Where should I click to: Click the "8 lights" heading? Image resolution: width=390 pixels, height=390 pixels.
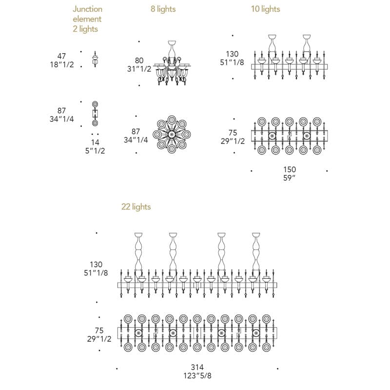coord(163,9)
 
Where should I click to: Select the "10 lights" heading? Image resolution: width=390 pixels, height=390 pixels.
coord(265,9)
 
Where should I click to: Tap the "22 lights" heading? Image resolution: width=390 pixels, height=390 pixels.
coord(136,207)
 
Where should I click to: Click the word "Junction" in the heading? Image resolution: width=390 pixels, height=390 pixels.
coord(88,9)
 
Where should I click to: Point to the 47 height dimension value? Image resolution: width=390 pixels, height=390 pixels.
coord(61,56)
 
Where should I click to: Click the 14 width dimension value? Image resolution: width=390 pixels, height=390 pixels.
coord(95,142)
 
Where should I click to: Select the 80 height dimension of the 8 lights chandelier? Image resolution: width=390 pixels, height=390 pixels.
coord(139,60)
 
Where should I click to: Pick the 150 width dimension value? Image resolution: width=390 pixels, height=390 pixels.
coord(290,169)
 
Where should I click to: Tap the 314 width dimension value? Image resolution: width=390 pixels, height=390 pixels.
coord(197,367)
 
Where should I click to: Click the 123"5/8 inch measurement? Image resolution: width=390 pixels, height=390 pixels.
coord(197,375)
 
